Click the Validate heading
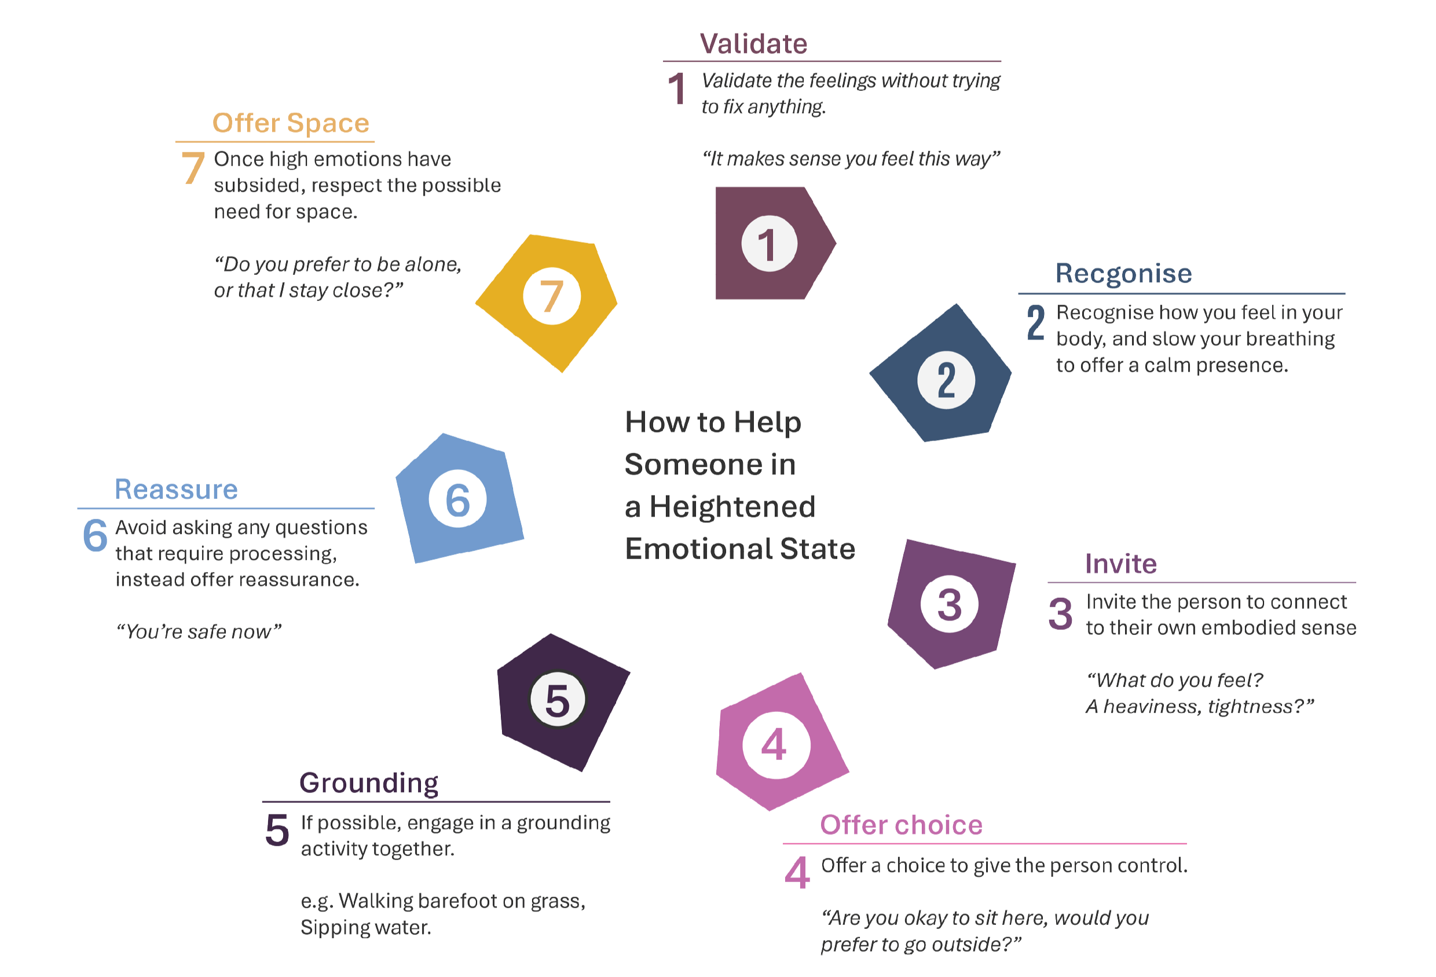[753, 44]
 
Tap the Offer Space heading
[291, 123]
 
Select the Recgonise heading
[1123, 273]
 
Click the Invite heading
[1121, 564]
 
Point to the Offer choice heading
[901, 825]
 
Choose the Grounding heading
[369, 783]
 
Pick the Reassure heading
[176, 489]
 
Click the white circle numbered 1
[769, 243]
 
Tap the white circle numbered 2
[946, 380]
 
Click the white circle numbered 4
[775, 745]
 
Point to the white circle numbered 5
[558, 700]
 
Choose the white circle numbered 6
[457, 498]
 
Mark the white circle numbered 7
[552, 296]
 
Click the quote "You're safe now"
[199, 631]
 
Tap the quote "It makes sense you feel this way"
[851, 159]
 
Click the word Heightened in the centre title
[732, 506]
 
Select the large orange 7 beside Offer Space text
[193, 167]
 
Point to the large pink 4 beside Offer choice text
[797, 873]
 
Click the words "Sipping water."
[366, 927]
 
